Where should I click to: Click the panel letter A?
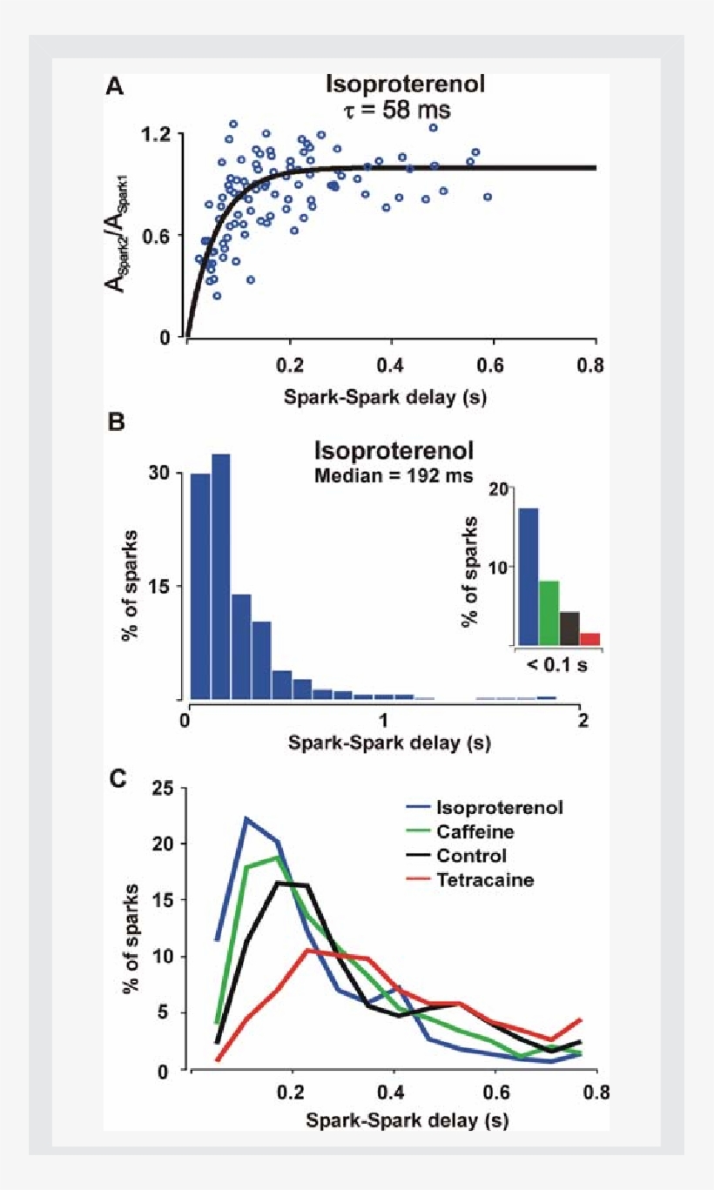(x=113, y=86)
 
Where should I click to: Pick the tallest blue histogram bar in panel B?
(x=221, y=575)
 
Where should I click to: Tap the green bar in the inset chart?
(x=549, y=613)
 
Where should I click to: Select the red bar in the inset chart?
(x=590, y=639)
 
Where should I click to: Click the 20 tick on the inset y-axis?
(x=497, y=490)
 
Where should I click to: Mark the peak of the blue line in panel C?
(x=246, y=818)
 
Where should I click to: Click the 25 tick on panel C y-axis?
(x=162, y=790)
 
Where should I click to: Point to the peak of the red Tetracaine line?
(x=306, y=951)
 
